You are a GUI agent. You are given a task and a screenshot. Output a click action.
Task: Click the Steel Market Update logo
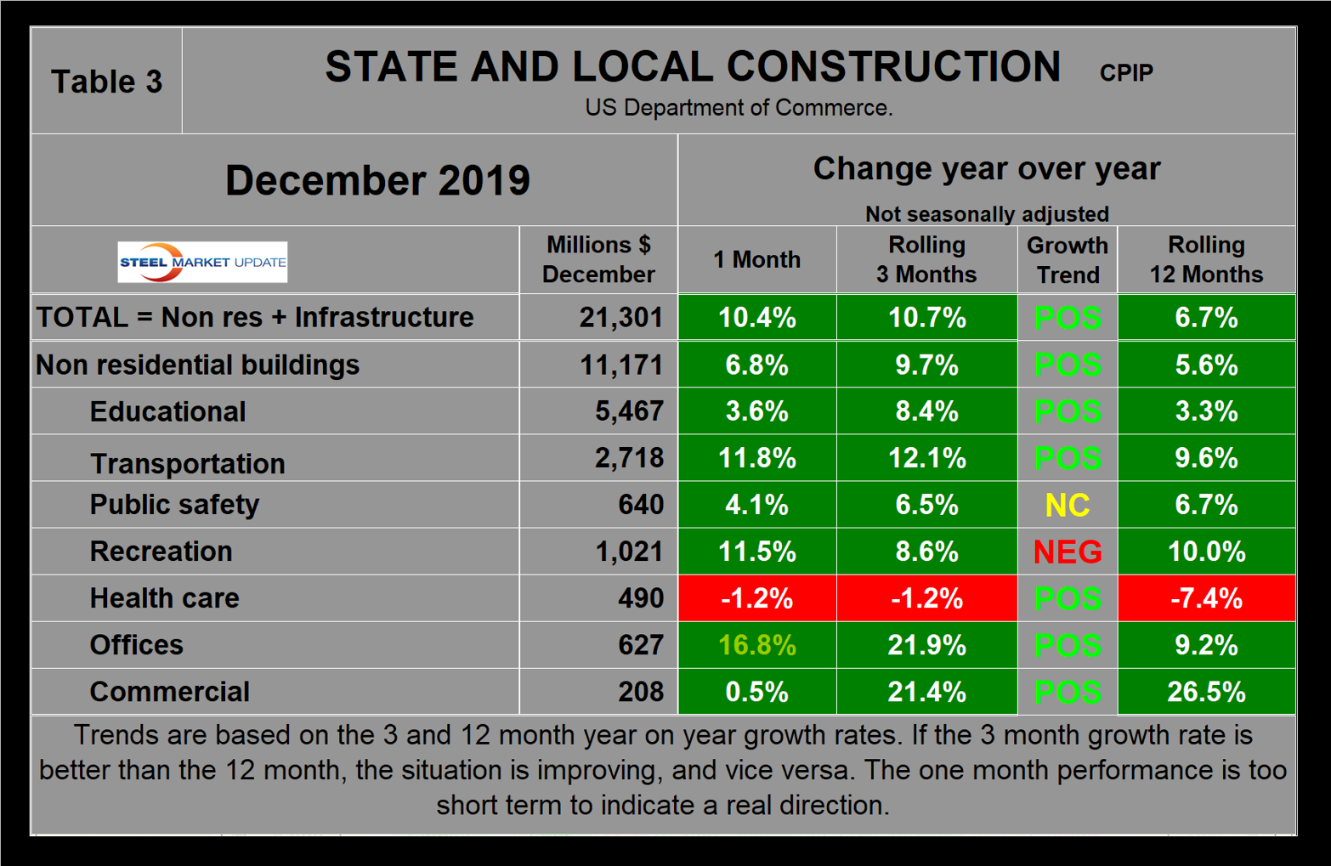point(202,262)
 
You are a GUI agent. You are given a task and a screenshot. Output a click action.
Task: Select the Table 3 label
point(106,82)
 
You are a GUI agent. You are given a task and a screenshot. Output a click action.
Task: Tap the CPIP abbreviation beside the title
point(1125,73)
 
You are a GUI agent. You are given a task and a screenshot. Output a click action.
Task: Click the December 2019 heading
point(377,180)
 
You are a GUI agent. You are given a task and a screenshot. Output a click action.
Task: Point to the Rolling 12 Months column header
point(1205,259)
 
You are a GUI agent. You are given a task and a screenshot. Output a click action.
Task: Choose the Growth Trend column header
point(1067,259)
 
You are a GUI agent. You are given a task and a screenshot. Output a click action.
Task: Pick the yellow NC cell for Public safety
point(1067,505)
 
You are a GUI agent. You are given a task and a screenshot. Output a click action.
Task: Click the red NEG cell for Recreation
point(1067,552)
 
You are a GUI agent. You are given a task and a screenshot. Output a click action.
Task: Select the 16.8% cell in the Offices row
point(756,645)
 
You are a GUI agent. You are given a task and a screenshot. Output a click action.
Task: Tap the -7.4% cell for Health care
point(1205,598)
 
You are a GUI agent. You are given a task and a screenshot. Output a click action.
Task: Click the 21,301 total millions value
point(620,318)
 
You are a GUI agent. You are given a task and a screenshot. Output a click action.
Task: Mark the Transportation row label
point(187,463)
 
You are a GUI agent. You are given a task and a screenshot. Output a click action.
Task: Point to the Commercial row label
point(169,692)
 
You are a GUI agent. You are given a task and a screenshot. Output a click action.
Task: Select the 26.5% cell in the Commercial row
point(1205,692)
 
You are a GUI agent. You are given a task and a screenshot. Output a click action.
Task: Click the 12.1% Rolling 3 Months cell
point(926,458)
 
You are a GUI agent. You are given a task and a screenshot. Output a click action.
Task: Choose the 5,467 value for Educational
point(628,411)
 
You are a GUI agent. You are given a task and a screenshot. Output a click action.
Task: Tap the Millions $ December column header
point(598,259)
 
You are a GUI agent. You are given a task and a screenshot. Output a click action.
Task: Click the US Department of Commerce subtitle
point(738,108)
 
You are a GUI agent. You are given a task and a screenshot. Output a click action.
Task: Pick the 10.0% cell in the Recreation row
point(1205,552)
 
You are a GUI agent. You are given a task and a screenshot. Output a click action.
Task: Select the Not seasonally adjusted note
point(986,213)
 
